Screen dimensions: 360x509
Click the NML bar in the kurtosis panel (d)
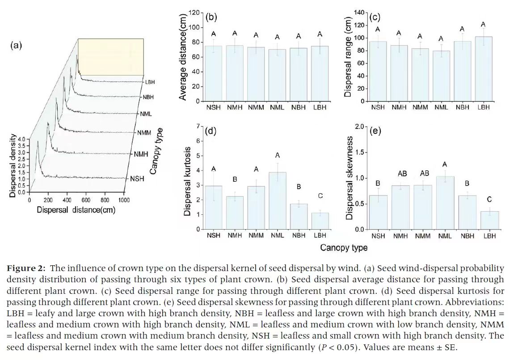click(x=277, y=201)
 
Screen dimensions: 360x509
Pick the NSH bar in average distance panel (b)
click(x=213, y=73)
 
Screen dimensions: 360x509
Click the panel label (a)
click(x=16, y=45)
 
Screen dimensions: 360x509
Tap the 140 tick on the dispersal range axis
click(x=359, y=13)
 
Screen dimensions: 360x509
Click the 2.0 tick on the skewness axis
click(x=358, y=127)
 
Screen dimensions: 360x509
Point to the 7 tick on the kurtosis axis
click(x=198, y=127)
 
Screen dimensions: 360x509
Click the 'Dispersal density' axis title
click(x=13, y=165)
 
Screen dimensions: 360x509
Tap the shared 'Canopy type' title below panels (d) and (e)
click(x=344, y=247)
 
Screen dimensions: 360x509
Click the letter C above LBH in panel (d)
click(x=320, y=196)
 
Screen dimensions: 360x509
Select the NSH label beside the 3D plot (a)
click(x=137, y=179)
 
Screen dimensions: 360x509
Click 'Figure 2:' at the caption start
click(x=26, y=268)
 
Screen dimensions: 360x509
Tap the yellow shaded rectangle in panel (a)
click(x=111, y=56)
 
